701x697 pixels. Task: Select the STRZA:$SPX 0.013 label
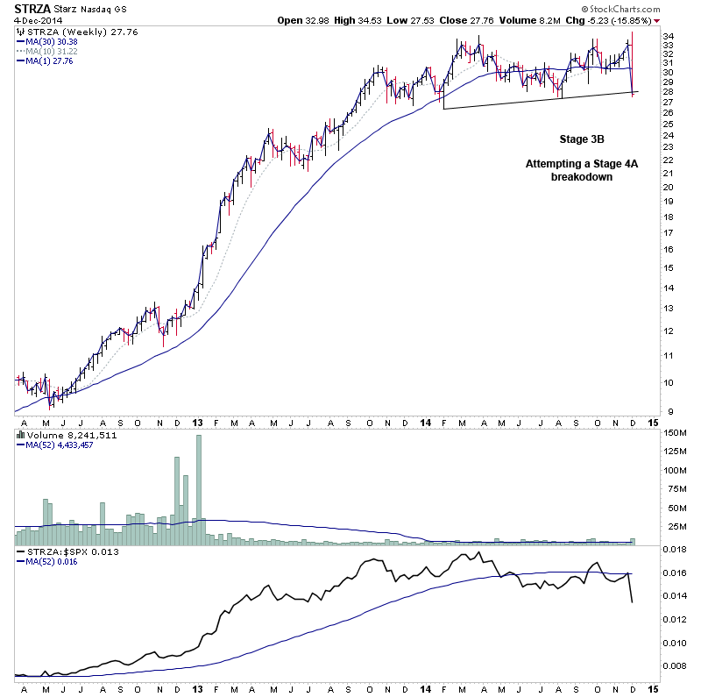pos(61,551)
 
